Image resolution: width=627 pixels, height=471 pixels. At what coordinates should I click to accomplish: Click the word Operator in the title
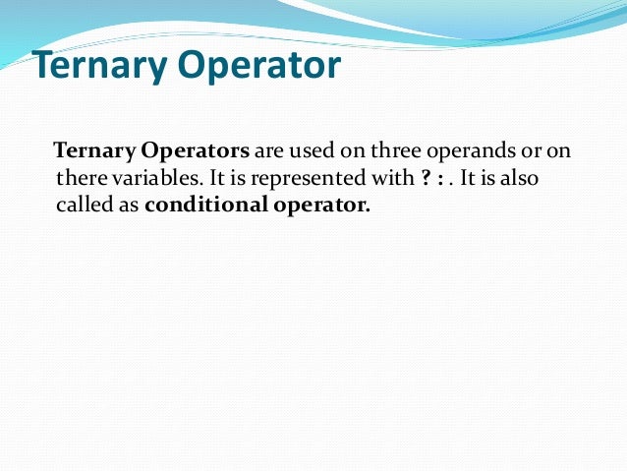258,67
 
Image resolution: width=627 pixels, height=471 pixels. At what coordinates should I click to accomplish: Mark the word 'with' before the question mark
391,180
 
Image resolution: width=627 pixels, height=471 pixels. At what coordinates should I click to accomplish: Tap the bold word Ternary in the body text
95,152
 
